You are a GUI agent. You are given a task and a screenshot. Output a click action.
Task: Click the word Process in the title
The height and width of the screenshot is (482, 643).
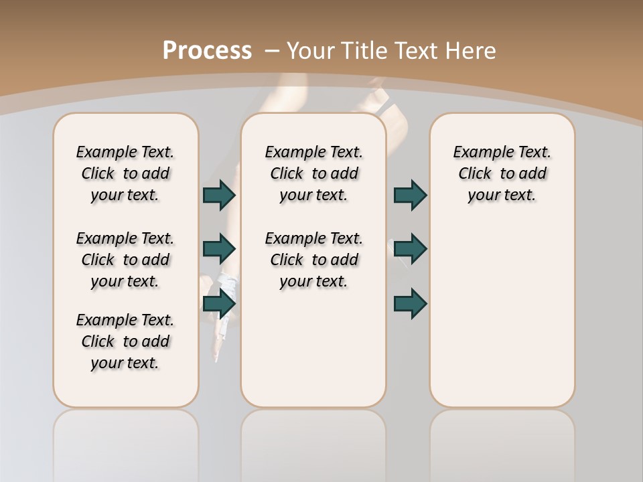point(207,51)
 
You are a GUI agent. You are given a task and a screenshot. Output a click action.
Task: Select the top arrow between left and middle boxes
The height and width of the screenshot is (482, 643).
point(219,195)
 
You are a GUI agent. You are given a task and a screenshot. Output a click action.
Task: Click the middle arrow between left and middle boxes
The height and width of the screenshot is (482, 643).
point(219,249)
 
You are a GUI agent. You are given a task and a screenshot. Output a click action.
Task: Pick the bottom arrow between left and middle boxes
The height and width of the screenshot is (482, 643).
point(219,303)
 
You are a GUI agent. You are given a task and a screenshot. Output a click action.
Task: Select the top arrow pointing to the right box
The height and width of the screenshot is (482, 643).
point(410,195)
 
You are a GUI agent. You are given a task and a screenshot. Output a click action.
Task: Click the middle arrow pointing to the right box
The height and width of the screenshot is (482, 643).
point(410,249)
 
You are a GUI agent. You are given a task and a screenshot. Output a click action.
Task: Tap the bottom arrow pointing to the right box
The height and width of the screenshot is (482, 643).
point(410,303)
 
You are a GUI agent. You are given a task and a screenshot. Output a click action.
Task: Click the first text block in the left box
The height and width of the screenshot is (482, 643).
point(125,173)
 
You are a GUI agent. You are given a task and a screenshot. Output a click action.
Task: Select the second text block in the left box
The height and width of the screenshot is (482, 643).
point(125,260)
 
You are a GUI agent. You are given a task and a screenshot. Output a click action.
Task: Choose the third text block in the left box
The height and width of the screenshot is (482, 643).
point(125,341)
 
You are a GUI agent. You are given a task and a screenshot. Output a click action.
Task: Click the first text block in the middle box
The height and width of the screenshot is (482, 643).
point(313,173)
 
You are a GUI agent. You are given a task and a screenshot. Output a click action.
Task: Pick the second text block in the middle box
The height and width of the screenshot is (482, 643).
point(313,260)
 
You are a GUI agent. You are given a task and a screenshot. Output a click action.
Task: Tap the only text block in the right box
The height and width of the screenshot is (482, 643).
point(502,173)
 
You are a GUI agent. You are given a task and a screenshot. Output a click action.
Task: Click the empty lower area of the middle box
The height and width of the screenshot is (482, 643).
point(313,348)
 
